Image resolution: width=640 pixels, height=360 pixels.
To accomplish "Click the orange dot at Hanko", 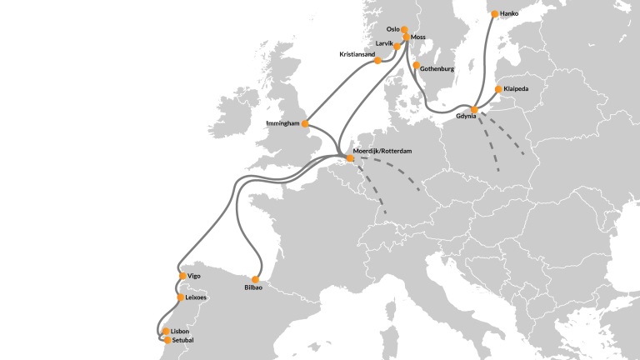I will [495, 14].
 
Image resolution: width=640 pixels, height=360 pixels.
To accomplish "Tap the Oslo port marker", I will [404, 29].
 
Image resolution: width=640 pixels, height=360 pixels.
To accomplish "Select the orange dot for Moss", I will [407, 37].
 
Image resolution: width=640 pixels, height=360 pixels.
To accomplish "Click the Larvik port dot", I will [385, 47].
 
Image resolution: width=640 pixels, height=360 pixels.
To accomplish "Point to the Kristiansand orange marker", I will [377, 60].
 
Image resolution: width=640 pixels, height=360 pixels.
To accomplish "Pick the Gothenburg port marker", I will [416, 65].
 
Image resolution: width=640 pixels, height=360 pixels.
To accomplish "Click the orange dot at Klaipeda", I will [497, 89].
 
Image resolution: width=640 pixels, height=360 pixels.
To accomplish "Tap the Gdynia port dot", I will [473, 110].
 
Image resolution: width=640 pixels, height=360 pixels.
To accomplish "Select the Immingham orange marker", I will [305, 124].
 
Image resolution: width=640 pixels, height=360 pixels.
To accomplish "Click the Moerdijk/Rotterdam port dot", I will [350, 157].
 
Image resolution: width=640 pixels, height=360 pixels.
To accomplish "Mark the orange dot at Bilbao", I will [256, 280].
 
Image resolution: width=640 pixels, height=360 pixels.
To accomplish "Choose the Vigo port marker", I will [182, 276].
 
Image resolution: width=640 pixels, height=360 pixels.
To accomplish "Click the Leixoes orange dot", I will [180, 297].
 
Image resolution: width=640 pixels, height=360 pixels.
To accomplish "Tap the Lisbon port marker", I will [166, 332].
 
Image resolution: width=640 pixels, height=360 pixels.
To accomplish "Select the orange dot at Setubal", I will [167, 340].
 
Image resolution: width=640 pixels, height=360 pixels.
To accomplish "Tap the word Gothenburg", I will [437, 68].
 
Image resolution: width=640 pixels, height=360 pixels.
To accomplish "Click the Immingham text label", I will [282, 123].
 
